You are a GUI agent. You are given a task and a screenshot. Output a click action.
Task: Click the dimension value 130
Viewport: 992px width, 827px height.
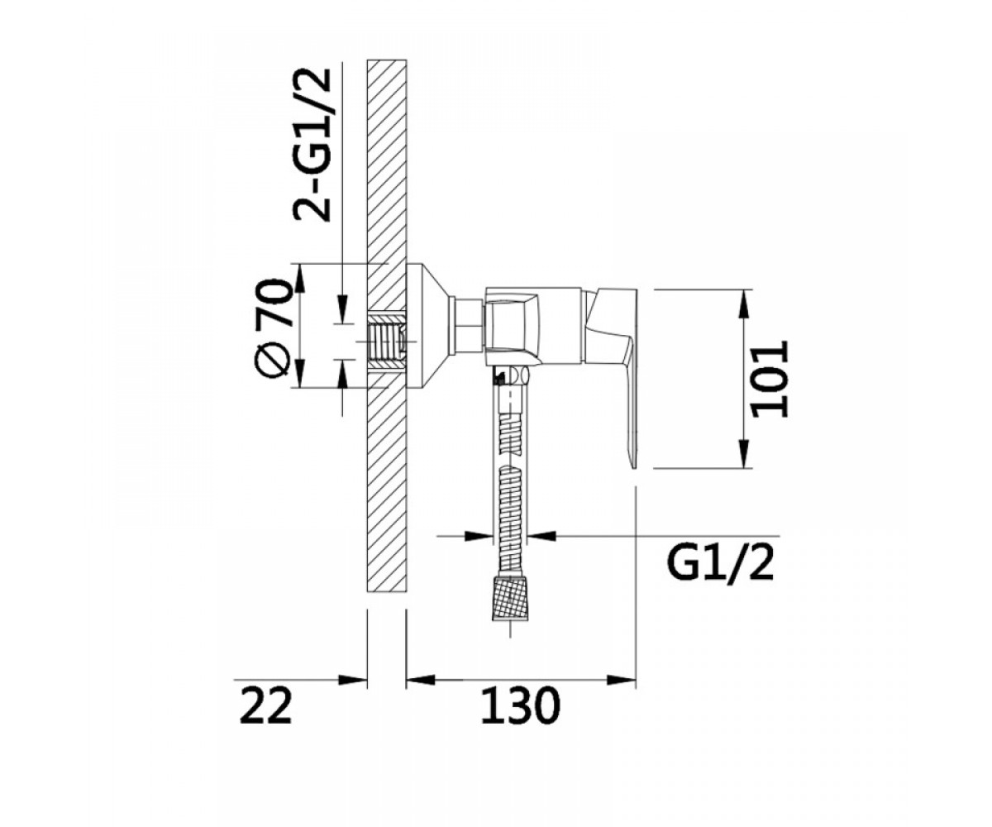[521, 718]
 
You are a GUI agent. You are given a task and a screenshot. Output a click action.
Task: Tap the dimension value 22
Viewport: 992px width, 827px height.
[265, 718]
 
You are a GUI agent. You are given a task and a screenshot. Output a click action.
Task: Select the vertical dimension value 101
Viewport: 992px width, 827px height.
[769, 379]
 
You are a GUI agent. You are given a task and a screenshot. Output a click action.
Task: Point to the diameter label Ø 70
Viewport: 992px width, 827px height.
[272, 329]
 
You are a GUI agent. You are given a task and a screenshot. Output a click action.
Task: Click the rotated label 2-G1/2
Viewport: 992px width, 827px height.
[312, 145]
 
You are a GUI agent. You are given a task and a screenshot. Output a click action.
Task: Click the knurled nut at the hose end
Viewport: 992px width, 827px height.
[511, 599]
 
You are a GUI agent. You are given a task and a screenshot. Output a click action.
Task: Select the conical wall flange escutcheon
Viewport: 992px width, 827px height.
[427, 325]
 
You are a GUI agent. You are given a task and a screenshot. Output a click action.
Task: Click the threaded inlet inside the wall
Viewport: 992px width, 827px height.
[386, 341]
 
